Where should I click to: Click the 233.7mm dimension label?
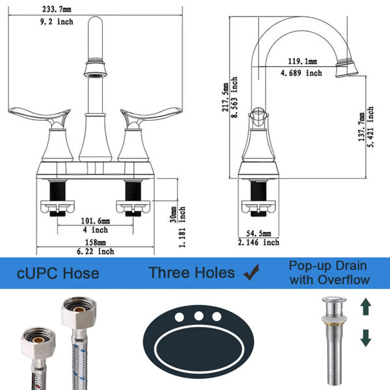point(57,9)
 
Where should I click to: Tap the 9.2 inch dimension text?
point(57,21)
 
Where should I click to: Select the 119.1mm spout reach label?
point(302,61)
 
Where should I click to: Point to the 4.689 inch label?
point(301,73)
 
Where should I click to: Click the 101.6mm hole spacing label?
point(96,220)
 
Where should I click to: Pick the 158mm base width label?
point(96,242)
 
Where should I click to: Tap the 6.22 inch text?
point(96,252)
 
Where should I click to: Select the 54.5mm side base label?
point(259,233)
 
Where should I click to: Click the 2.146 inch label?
point(259,242)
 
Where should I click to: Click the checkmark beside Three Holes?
point(251,272)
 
